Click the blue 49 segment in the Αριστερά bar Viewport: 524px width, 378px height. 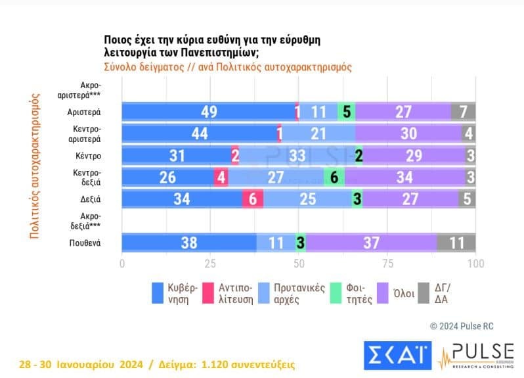tap(209, 112)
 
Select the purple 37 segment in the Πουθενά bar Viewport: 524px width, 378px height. tap(371, 243)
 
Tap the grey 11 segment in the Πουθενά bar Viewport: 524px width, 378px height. tap(456, 243)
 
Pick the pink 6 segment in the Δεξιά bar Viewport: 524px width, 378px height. tap(253, 199)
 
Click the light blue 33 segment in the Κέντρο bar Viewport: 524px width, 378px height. tap(297, 156)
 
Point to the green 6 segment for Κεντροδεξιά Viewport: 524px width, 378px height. tap(334, 177)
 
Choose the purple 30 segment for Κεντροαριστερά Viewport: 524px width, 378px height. tap(408, 133)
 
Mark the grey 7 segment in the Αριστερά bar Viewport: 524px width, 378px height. tap(464, 112)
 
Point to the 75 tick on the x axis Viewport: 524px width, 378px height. tap(387, 264)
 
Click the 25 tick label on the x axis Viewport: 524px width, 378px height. tap(210, 264)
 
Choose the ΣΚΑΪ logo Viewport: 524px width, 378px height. tap(397, 356)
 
